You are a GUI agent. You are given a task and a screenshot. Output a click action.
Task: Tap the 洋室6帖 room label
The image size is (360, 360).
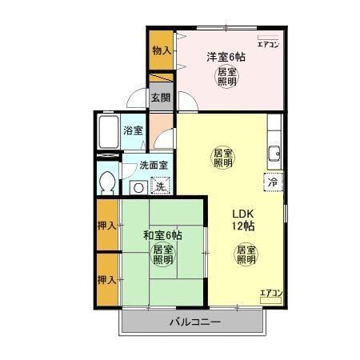tap(226, 57)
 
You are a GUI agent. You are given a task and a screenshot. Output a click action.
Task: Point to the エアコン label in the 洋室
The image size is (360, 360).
tap(270, 45)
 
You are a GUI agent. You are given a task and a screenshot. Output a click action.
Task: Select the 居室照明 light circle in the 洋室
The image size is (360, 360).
tap(227, 78)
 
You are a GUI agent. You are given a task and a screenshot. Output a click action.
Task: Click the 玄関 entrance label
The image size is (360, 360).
tap(161, 98)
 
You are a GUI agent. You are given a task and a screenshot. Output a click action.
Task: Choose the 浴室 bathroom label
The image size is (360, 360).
tap(133, 130)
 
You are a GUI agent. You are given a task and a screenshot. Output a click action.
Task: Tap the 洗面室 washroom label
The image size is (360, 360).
tap(153, 166)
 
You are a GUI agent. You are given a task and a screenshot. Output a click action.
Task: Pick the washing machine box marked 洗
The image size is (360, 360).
tap(161, 187)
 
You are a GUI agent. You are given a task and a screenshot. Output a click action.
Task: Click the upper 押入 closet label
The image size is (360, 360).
tap(106, 225)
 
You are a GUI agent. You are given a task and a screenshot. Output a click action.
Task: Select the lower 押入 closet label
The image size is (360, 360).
tap(106, 280)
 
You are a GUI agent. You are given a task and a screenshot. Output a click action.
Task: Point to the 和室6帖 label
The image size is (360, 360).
tap(163, 235)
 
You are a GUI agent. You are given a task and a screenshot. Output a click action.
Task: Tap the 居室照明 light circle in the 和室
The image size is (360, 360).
tap(163, 255)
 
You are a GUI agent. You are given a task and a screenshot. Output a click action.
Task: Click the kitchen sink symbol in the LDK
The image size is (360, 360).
tap(274, 153)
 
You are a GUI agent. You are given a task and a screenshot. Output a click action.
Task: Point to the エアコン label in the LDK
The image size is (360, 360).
tap(271, 294)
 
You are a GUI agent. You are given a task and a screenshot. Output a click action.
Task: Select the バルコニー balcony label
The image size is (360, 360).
tap(194, 322)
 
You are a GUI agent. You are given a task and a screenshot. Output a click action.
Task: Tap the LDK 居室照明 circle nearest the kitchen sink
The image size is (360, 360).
tap(223, 157)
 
